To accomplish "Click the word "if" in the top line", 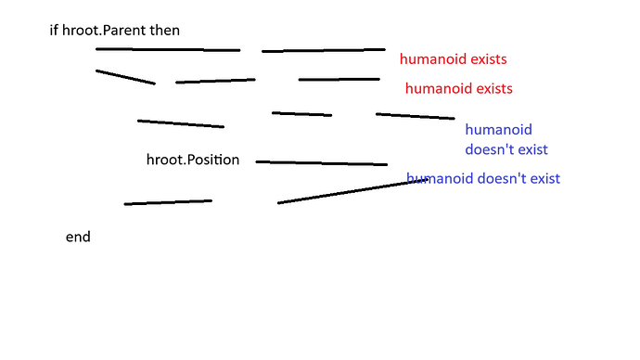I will [x=54, y=31].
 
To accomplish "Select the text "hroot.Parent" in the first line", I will [x=101, y=31].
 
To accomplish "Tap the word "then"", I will [x=163, y=31].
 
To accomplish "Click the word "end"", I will [x=78, y=238].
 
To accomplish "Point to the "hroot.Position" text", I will [x=193, y=160].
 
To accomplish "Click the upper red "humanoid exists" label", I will [x=453, y=59].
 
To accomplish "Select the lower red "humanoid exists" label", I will [x=458, y=89].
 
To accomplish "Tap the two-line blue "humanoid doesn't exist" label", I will [x=506, y=139].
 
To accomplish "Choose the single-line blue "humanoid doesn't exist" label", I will [x=483, y=178].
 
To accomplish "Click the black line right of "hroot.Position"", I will [x=321, y=163].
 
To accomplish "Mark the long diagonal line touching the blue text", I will [x=352, y=191].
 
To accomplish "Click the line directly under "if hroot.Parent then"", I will [x=167, y=49].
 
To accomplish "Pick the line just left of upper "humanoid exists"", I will [x=323, y=50].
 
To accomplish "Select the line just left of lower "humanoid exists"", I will [x=339, y=80].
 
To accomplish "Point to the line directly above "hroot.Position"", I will [x=180, y=123].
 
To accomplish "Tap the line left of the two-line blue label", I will [x=415, y=116].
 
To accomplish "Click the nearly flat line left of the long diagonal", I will [x=168, y=201].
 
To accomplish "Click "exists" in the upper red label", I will [x=487, y=59].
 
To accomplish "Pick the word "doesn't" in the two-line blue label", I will [x=489, y=148].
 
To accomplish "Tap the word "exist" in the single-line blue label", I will [x=544, y=178].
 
